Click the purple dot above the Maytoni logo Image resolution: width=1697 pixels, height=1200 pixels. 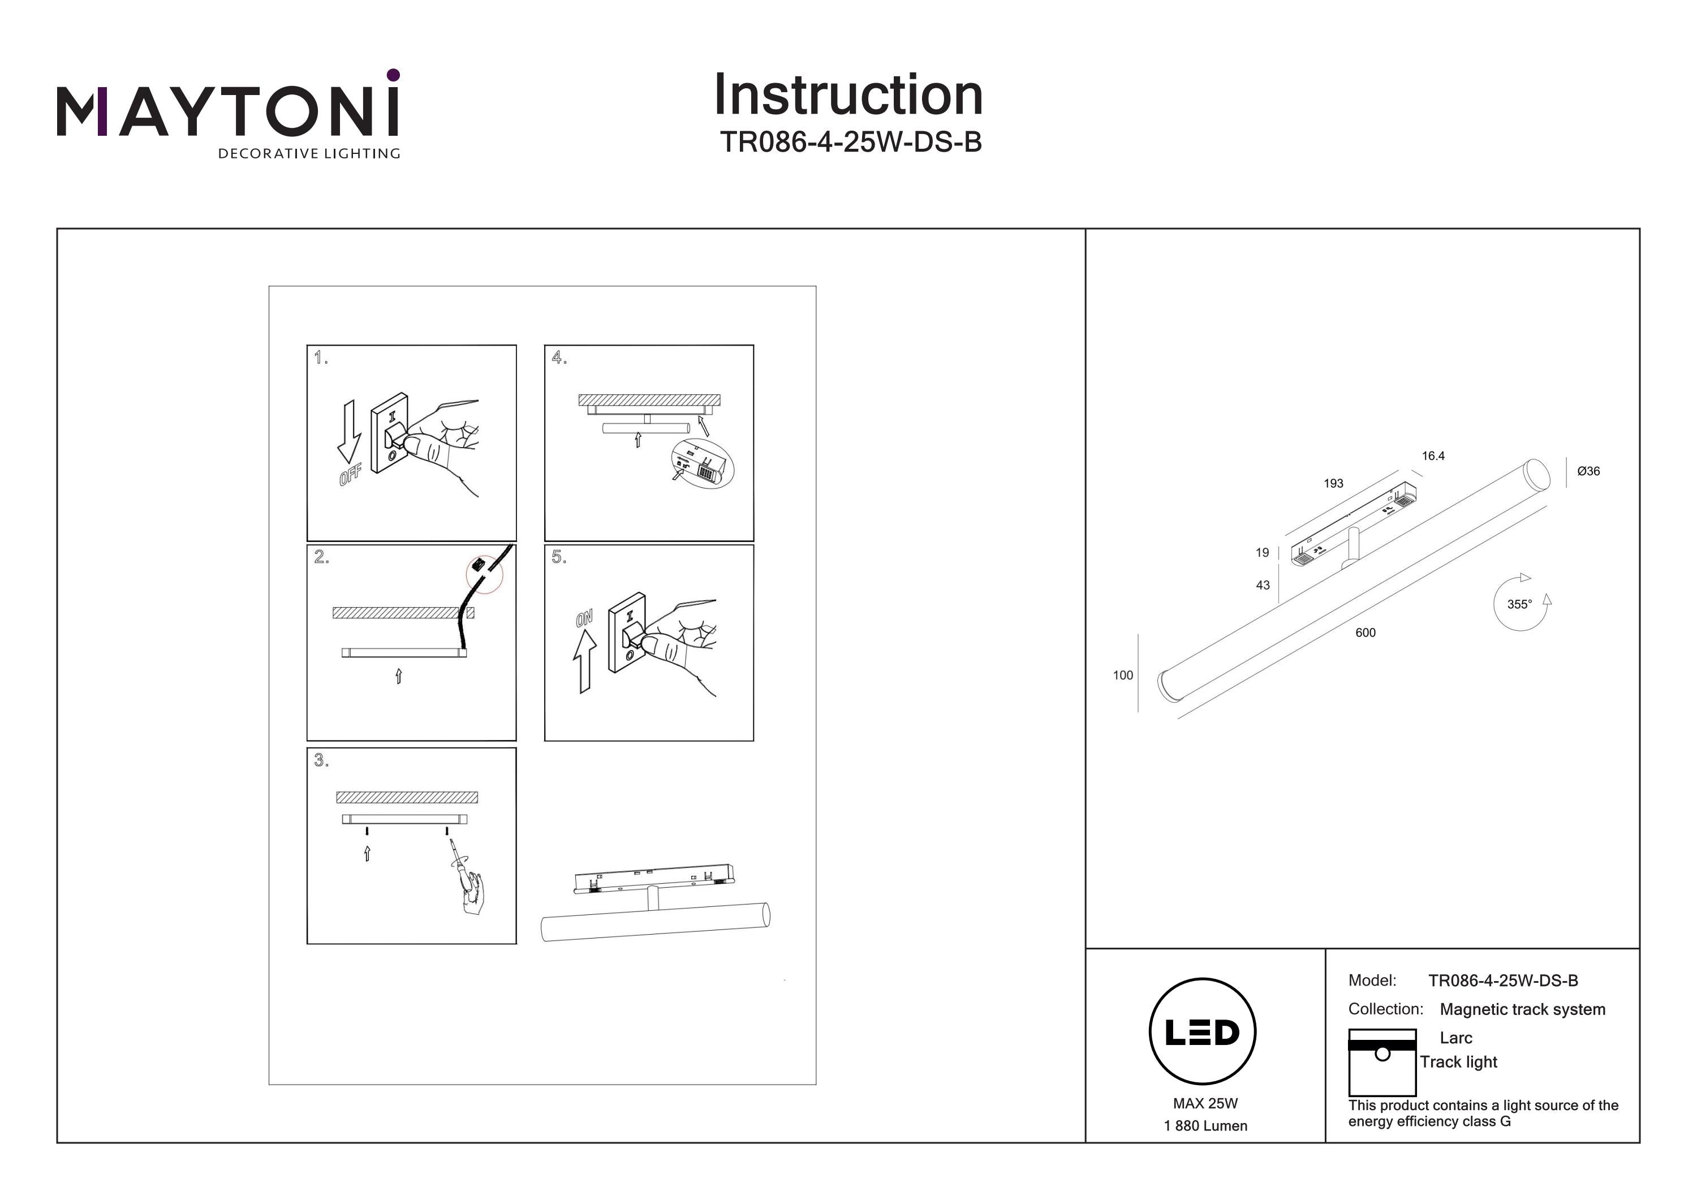click(x=393, y=75)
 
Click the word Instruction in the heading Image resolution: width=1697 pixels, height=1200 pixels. click(x=848, y=96)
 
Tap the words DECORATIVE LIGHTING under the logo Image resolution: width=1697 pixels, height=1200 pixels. click(x=309, y=154)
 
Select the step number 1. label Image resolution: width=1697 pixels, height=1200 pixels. click(x=321, y=359)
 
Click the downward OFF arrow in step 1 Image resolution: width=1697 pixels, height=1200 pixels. click(x=349, y=433)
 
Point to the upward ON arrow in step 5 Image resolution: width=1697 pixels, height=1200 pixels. click(x=585, y=662)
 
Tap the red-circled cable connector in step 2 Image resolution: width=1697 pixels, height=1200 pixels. click(x=484, y=573)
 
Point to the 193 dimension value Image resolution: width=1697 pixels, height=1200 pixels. click(x=1333, y=484)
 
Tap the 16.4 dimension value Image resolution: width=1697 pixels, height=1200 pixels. click(x=1433, y=456)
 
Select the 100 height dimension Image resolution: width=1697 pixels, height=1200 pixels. click(x=1123, y=675)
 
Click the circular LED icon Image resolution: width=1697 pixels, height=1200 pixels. click(x=1203, y=1031)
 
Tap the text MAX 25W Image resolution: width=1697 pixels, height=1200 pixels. click(x=1205, y=1103)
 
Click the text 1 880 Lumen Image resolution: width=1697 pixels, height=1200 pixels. click(x=1205, y=1126)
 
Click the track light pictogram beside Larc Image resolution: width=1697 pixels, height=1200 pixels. click(x=1381, y=1062)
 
